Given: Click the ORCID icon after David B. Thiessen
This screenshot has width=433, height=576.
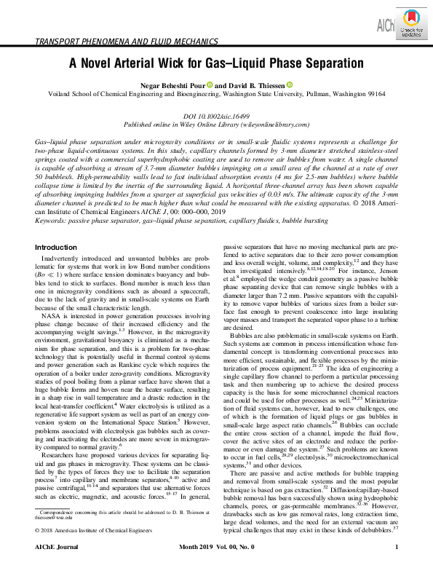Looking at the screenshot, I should (289, 85).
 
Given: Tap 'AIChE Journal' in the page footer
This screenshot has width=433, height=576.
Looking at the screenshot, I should (60, 567).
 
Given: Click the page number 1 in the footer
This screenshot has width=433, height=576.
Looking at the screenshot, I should (396, 567).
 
